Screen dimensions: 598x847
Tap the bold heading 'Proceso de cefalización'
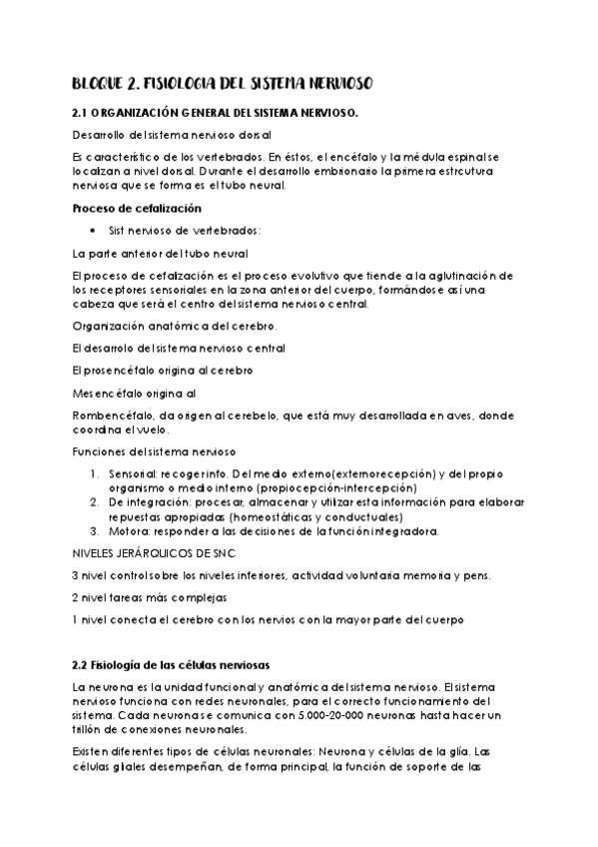[138, 208]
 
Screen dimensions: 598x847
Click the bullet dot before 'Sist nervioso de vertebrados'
[93, 231]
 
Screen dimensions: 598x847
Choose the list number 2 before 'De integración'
[94, 502]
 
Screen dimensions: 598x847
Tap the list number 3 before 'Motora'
[94, 531]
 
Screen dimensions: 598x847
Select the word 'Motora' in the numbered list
[127, 531]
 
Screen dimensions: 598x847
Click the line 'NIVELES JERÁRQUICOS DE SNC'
[154, 552]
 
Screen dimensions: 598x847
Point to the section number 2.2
[82, 664]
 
